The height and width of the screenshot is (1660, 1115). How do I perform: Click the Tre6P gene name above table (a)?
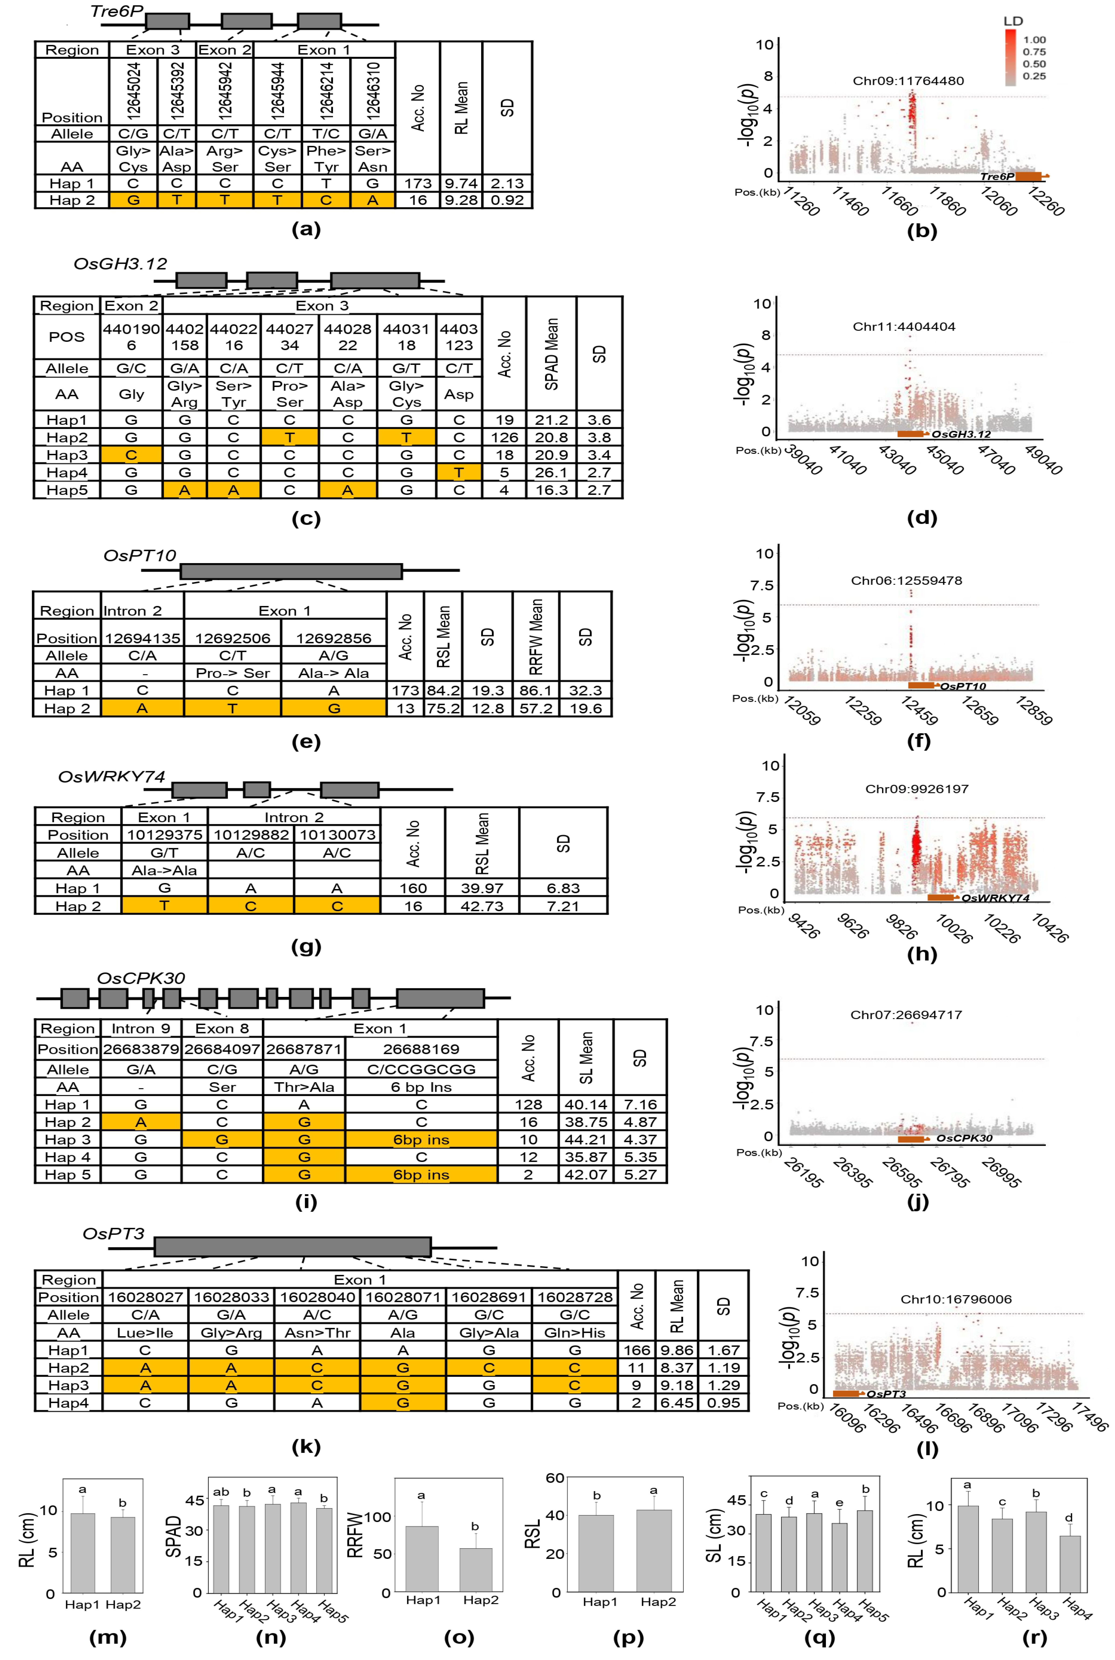pyautogui.click(x=117, y=11)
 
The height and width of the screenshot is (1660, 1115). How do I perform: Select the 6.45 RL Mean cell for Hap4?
pyautogui.click(x=676, y=1403)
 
